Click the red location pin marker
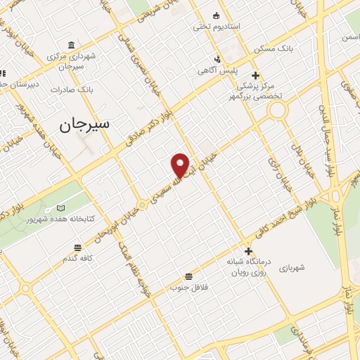pos(181,165)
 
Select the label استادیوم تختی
pos(217,26)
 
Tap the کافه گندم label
pos(78,259)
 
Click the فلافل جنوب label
pos(188,288)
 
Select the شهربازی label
pos(290,268)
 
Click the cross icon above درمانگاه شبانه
pos(247,251)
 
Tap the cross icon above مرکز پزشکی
pos(255,75)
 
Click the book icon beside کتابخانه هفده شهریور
pos(60,208)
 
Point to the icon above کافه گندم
pos(77,247)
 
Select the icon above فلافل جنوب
pos(188,276)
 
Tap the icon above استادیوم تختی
pos(215,15)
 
